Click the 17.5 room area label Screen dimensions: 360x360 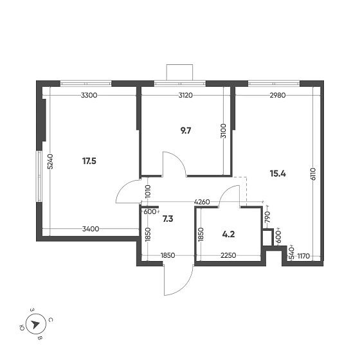coord(89,161)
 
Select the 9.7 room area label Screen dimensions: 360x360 coord(186,130)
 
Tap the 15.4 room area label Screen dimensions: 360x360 coord(278,174)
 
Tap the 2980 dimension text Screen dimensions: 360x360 coord(277,95)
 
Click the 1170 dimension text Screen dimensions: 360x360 coord(303,256)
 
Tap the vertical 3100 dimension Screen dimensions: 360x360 coord(223,132)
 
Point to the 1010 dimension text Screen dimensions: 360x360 coord(148,190)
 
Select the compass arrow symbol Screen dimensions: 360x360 coord(35,325)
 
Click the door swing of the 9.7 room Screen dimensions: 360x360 coord(174,164)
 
